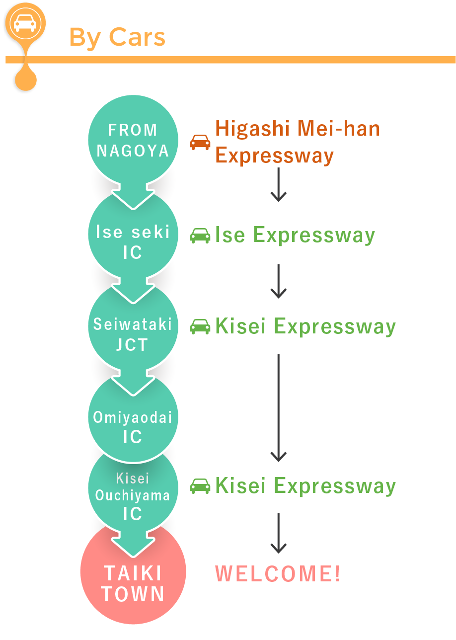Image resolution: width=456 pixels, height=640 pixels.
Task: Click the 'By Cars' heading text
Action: tap(117, 38)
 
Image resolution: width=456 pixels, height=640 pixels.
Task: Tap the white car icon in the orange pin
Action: tap(25, 23)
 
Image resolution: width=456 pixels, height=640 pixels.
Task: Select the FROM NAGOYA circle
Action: tap(133, 140)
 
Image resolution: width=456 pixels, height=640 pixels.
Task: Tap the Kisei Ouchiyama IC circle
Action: tap(133, 492)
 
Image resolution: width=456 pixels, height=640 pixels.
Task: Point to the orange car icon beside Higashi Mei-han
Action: tap(200, 142)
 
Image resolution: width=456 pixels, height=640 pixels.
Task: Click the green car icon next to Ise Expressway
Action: tap(200, 236)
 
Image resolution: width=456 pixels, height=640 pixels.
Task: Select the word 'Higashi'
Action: tap(253, 129)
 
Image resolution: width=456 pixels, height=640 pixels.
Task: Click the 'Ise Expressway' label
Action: tap(295, 236)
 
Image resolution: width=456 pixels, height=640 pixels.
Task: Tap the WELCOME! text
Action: tap(278, 573)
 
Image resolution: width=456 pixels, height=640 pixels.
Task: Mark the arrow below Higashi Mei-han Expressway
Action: tap(278, 184)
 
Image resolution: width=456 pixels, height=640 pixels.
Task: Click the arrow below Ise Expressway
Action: tap(278, 281)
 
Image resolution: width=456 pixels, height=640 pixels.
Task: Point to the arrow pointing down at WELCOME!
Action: tap(278, 533)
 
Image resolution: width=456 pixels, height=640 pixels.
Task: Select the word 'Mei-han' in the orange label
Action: tap(339, 129)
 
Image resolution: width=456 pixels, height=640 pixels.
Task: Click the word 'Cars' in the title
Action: tap(137, 37)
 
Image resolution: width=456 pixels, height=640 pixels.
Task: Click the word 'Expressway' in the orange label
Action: tap(274, 156)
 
